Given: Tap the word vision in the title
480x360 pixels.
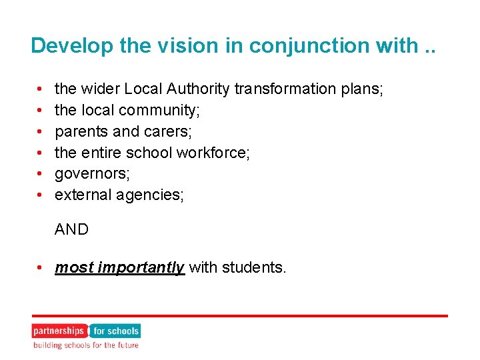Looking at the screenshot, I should tap(173, 45).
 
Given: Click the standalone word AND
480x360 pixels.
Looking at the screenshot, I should tap(71, 229).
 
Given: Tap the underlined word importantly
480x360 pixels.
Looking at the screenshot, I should tap(141, 268).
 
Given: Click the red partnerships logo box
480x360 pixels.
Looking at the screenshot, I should tap(59, 331).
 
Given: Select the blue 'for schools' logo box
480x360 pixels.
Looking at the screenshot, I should tap(115, 331).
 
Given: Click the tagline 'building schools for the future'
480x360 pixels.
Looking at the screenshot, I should tap(86, 345).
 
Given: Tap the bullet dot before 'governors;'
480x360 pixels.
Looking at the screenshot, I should tap(41, 174).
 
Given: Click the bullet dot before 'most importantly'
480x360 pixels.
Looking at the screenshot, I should tap(41, 268).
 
